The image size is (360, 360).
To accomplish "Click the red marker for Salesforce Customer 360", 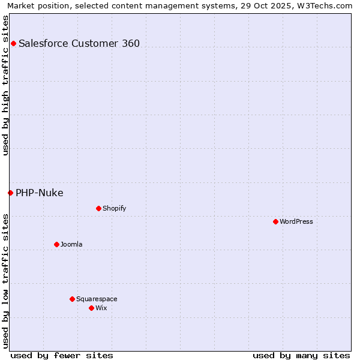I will coord(13,43).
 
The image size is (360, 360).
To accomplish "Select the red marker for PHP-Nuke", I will coord(10,193).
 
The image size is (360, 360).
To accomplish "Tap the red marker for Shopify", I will coord(98,208).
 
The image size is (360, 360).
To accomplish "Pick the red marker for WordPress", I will coord(275,221).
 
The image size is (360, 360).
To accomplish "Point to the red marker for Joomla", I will coord(56,244).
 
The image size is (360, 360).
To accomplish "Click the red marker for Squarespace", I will coord(72,299).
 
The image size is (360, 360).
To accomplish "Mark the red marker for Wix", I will coord(91,308).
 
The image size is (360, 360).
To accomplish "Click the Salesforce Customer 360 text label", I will coord(79,43).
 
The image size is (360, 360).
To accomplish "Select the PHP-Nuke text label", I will coord(40,193).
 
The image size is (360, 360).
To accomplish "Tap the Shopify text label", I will coord(115,208).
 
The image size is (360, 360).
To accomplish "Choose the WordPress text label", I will coord(296,221).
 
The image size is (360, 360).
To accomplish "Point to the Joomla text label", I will coord(71,244).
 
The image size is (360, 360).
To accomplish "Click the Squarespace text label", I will coord(97,299).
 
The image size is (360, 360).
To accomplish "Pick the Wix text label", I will coord(101,308).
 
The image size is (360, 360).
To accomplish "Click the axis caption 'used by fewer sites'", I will coord(62,355).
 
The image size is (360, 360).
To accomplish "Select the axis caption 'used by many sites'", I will coord(301,355).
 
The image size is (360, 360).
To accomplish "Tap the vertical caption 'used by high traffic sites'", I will coord(5,85).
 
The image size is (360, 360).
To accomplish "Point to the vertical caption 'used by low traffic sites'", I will coord(5,281).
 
